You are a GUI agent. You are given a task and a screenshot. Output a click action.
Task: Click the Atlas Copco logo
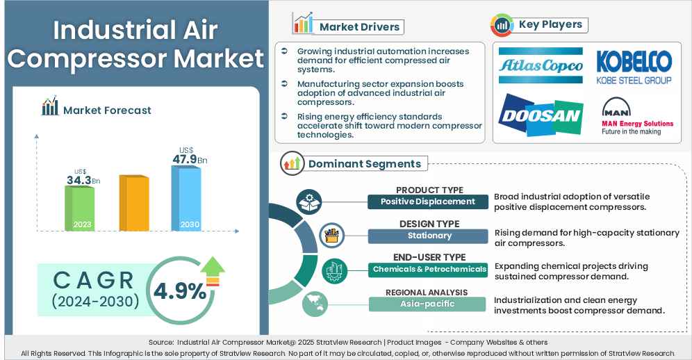tap(541, 65)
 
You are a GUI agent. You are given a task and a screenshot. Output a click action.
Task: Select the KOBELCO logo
tap(634, 67)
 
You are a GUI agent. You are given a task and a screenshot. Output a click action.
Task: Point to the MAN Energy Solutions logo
tap(636, 117)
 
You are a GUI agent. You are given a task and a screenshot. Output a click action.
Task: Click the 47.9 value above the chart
tap(185, 159)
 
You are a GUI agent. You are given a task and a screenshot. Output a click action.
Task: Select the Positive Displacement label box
tap(428, 202)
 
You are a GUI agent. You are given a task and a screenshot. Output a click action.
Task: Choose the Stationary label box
tap(428, 236)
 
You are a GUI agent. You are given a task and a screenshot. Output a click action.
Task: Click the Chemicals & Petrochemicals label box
tap(428, 269)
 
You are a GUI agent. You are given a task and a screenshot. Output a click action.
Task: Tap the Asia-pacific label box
tap(428, 304)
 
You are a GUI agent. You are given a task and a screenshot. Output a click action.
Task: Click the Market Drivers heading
tap(359, 27)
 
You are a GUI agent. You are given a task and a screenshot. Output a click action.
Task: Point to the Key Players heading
tap(550, 25)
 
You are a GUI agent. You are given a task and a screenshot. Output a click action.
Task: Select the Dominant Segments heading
tap(364, 164)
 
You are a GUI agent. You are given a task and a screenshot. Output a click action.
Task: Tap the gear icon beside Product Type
tap(308, 202)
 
